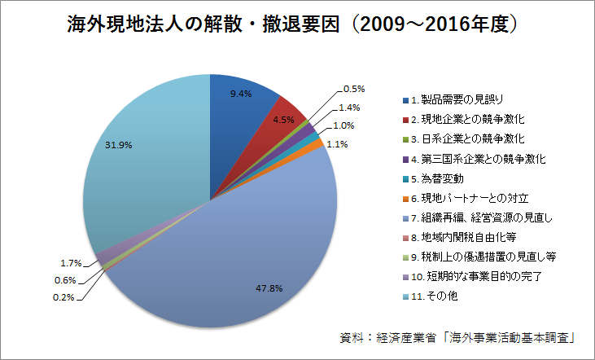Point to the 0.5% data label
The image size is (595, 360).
[x=354, y=89]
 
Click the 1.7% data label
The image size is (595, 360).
[x=71, y=263]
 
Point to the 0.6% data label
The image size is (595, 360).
[x=66, y=280]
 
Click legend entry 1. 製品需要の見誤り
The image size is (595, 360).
[x=461, y=100]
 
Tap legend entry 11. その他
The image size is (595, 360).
[x=439, y=296]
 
